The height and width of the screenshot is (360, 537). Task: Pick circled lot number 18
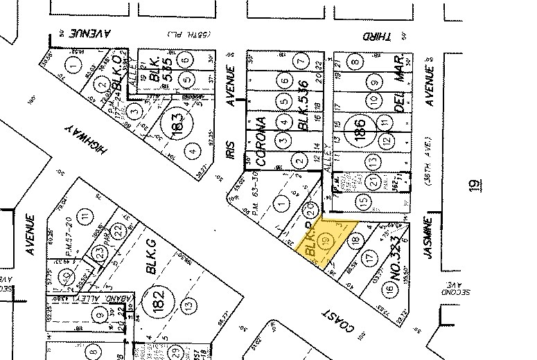357,240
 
